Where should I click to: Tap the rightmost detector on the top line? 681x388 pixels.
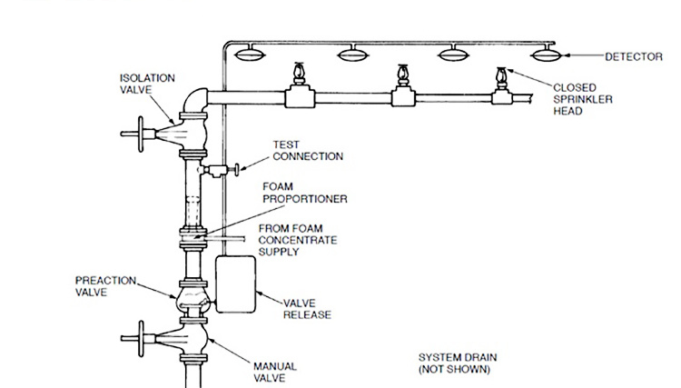(x=548, y=55)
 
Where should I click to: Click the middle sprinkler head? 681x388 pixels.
(x=400, y=78)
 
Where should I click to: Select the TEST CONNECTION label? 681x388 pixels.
(x=309, y=151)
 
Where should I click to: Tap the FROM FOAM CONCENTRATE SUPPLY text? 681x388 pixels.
(x=298, y=239)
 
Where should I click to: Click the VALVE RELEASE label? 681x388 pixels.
(x=307, y=309)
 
